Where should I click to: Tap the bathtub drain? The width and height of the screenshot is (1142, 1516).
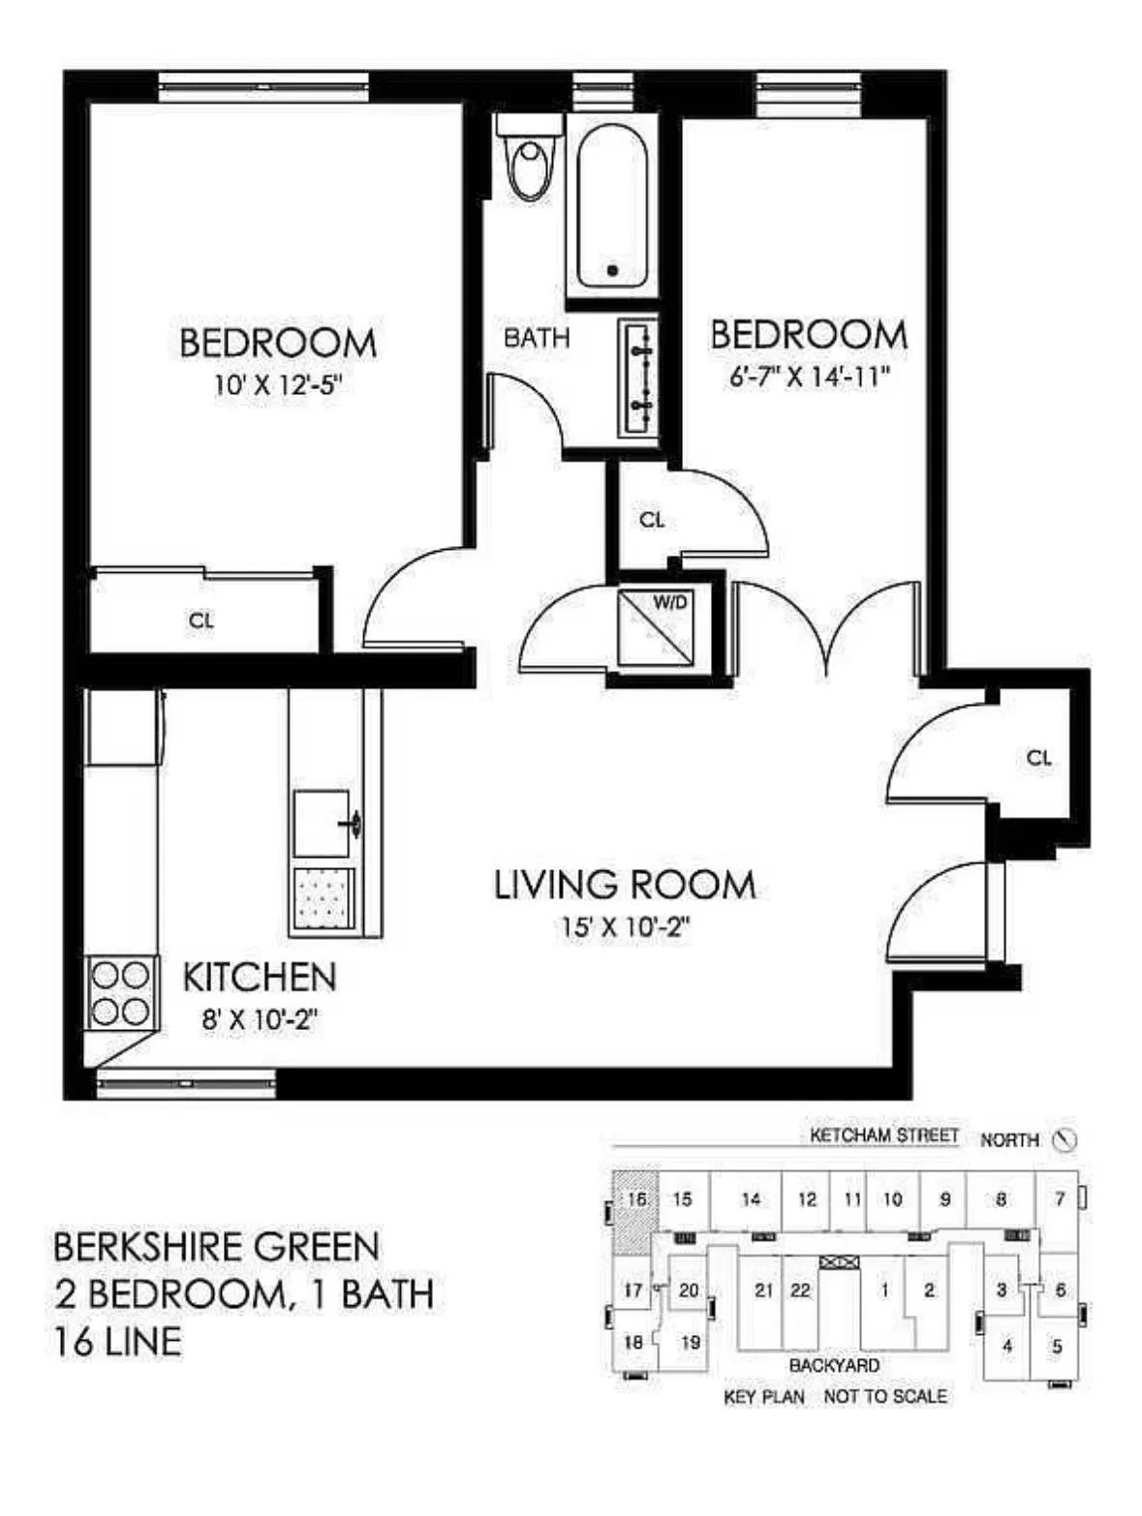click(612, 270)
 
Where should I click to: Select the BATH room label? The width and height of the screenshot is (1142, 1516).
click(537, 338)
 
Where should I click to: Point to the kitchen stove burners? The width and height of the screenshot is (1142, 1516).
click(121, 993)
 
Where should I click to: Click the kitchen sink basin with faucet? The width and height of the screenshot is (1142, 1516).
click(323, 823)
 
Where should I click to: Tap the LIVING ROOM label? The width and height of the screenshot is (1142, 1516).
click(625, 885)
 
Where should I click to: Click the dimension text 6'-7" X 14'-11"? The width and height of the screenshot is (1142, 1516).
click(809, 376)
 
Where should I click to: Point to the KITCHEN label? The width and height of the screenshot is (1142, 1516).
click(260, 977)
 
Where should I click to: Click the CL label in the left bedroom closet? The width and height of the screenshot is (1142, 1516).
click(201, 621)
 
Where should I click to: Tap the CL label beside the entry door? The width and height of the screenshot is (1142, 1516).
click(1038, 758)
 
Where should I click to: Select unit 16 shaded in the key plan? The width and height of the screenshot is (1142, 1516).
click(635, 1200)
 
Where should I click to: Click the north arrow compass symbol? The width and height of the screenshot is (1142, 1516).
click(1065, 1139)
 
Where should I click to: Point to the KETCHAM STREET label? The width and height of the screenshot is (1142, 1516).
click(884, 1136)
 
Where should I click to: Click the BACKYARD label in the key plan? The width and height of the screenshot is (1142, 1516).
click(834, 1365)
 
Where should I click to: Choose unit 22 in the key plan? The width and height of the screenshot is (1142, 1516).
click(800, 1290)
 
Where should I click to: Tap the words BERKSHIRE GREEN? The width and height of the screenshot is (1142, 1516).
click(216, 1247)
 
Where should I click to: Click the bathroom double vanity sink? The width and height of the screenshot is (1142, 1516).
click(638, 378)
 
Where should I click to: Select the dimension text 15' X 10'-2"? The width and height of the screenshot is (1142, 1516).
click(625, 926)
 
